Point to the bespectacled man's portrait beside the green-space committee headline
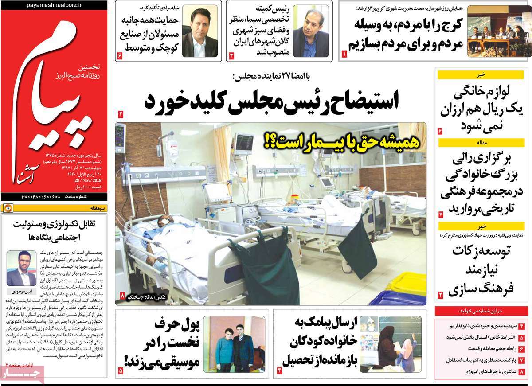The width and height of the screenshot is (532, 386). coord(310,31)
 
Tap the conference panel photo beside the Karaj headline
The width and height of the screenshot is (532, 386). coord(495,31)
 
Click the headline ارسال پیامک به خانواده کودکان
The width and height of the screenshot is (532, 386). coord(317,343)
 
